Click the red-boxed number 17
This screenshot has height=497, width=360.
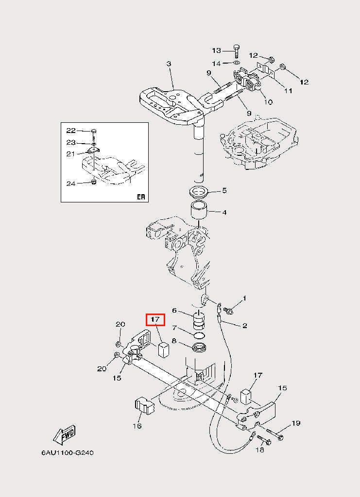[x=155, y=319]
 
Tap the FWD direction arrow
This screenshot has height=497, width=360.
[x=65, y=434]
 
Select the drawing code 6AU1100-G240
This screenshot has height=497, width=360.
[x=67, y=453]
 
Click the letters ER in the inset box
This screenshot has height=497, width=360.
[x=141, y=197]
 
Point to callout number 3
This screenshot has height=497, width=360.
[x=169, y=64]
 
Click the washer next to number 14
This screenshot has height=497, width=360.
[x=237, y=63]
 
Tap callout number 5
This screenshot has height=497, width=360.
[x=224, y=190]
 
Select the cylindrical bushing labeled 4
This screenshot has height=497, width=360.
[x=199, y=211]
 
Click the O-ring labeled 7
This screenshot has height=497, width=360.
[x=199, y=335]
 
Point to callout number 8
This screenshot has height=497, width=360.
[x=174, y=341]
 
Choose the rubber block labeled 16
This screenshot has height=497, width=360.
[x=144, y=405]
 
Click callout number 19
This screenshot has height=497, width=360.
[x=296, y=423]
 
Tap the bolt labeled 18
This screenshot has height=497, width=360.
[x=264, y=439]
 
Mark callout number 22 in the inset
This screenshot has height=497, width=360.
[x=71, y=130]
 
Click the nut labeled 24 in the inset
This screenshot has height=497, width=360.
[x=94, y=182]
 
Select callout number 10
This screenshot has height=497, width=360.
[x=268, y=102]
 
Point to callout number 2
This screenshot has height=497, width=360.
[x=244, y=326]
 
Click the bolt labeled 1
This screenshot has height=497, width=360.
[x=228, y=311]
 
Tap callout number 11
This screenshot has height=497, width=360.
[x=288, y=91]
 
